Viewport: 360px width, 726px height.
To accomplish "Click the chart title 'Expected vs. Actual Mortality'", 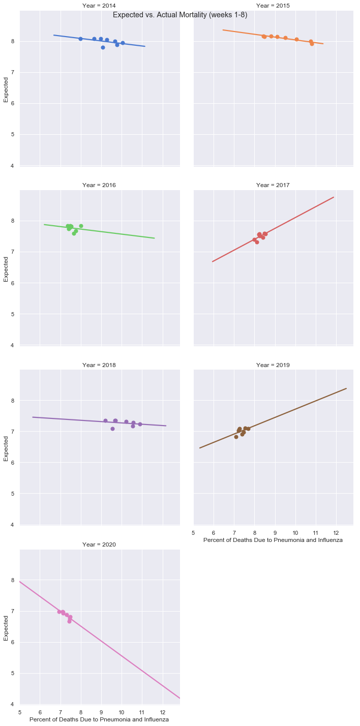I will coord(180,15).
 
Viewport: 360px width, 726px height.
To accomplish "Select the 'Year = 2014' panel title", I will coord(99,6).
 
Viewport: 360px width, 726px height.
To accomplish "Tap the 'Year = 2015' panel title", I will coord(273,6).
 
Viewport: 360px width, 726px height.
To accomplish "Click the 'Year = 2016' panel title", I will coord(99,185).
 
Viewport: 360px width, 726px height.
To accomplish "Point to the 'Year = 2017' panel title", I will coord(273,185).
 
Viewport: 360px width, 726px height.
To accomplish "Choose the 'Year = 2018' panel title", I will coord(99,365).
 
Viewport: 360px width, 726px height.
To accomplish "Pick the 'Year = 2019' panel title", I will coord(273,365).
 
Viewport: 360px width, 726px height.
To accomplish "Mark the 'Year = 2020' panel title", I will coord(99,544).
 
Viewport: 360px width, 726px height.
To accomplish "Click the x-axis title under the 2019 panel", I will coord(273,540).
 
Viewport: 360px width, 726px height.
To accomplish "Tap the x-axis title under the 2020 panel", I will coord(99,719).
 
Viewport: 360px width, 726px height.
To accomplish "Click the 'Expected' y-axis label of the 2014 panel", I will coord(6,90).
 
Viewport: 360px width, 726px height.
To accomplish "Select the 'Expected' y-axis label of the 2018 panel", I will coord(6,449).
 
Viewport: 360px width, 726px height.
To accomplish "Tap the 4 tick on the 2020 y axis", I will coord(13,704).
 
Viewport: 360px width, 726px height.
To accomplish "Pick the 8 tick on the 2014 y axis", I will coord(13,41).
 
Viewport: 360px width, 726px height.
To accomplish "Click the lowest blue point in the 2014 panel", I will coord(103,47).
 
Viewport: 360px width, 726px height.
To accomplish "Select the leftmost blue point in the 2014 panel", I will coord(80,39).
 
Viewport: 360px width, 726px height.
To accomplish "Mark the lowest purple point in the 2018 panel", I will coord(112,429).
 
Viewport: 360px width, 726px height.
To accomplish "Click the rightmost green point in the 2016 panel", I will coord(81,226).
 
